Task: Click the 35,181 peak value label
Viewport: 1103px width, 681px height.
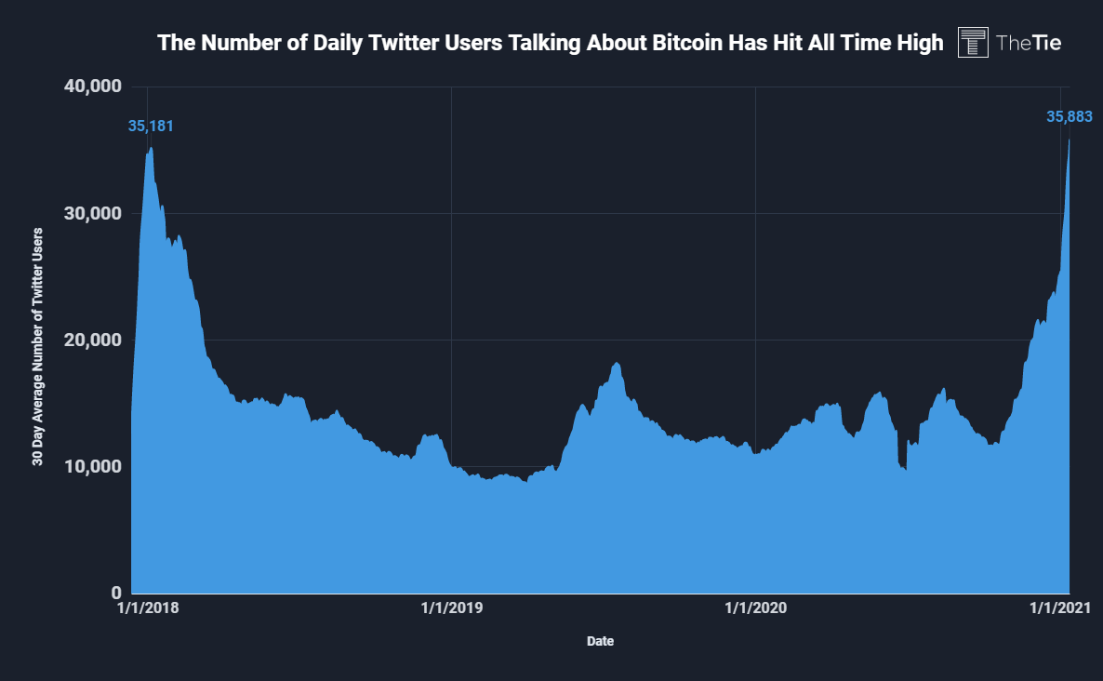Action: (151, 126)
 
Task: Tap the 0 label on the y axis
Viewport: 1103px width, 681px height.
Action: (116, 593)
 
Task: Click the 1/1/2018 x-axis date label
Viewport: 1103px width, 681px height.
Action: (149, 608)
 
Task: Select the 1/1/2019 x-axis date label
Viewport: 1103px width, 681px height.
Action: (452, 608)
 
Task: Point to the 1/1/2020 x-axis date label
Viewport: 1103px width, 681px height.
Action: (755, 608)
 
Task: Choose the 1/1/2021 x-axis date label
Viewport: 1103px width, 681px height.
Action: (1058, 608)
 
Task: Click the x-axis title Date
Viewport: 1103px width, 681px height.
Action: (600, 641)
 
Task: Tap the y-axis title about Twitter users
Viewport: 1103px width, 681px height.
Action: (38, 344)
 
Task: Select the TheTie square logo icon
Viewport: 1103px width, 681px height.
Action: (973, 43)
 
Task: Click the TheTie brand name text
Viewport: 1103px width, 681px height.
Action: (1029, 43)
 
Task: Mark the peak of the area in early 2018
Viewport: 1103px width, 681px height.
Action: (150, 148)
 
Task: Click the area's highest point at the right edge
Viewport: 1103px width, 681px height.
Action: (1069, 140)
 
